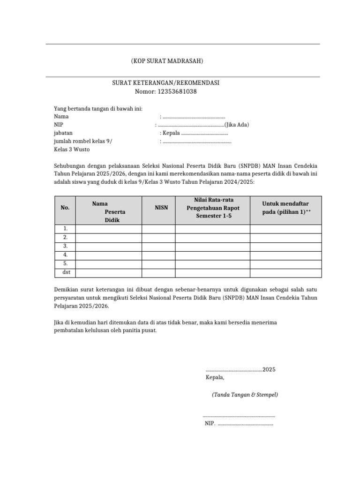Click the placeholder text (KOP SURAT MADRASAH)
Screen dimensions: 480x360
pos(167,62)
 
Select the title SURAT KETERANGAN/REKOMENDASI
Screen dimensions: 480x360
pos(165,83)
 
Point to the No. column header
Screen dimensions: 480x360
pos(65,207)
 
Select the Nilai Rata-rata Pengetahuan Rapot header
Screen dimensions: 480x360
pos(213,208)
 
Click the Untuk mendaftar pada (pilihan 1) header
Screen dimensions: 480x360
pos(285,208)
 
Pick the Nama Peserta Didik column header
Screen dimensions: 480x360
pos(109,211)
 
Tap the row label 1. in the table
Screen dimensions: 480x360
pos(65,229)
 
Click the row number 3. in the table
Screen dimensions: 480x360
pos(65,246)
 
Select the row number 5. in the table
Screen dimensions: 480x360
pos(65,264)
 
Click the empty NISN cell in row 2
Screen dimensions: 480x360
pos(158,238)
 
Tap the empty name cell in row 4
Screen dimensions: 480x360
pos(109,255)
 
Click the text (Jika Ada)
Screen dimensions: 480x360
pos(237,125)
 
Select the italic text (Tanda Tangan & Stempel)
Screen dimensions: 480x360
pos(245,395)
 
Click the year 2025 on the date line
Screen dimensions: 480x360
pos(269,369)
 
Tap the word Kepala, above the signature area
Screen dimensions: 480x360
pos(215,377)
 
